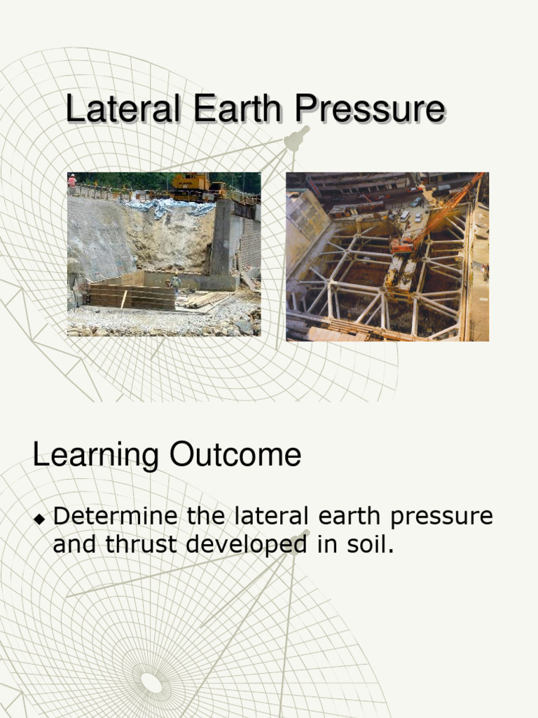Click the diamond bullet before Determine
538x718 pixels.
(x=40, y=518)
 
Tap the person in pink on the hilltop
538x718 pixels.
(x=71, y=182)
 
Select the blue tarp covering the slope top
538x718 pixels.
(x=172, y=207)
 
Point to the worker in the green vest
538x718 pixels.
(x=175, y=282)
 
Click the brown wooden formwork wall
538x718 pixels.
(x=132, y=297)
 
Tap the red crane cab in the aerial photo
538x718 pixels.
(x=402, y=245)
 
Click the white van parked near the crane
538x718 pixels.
(x=404, y=215)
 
